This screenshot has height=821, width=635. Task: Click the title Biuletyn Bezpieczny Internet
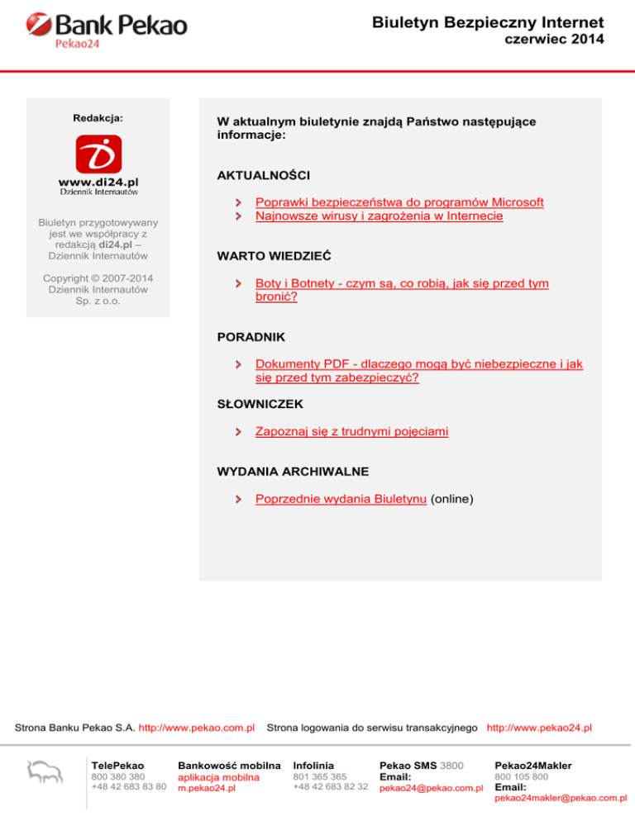click(x=488, y=22)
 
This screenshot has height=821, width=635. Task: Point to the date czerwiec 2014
click(x=554, y=40)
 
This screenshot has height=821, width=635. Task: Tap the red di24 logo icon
click(x=98, y=154)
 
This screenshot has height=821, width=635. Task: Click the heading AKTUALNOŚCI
click(x=264, y=176)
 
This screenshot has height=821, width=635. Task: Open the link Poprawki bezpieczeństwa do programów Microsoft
click(x=399, y=202)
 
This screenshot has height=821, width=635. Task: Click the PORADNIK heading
click(x=251, y=337)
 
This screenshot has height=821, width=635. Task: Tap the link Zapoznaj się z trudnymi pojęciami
click(x=352, y=431)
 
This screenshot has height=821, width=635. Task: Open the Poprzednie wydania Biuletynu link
click(x=341, y=499)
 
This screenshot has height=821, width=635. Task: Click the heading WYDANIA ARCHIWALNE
click(x=293, y=472)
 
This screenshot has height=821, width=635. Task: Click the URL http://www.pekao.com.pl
click(x=196, y=728)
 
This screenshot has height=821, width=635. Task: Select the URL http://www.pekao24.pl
click(x=539, y=728)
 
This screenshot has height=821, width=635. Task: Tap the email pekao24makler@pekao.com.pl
click(x=561, y=798)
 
